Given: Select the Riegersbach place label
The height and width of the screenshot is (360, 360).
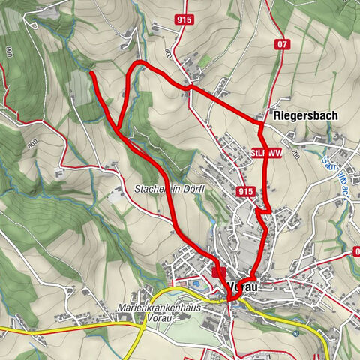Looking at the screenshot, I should [306, 116].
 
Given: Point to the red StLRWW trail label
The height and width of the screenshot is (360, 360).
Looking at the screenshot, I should [267, 154].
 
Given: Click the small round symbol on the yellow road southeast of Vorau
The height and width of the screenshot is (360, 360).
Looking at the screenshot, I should [296, 333].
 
